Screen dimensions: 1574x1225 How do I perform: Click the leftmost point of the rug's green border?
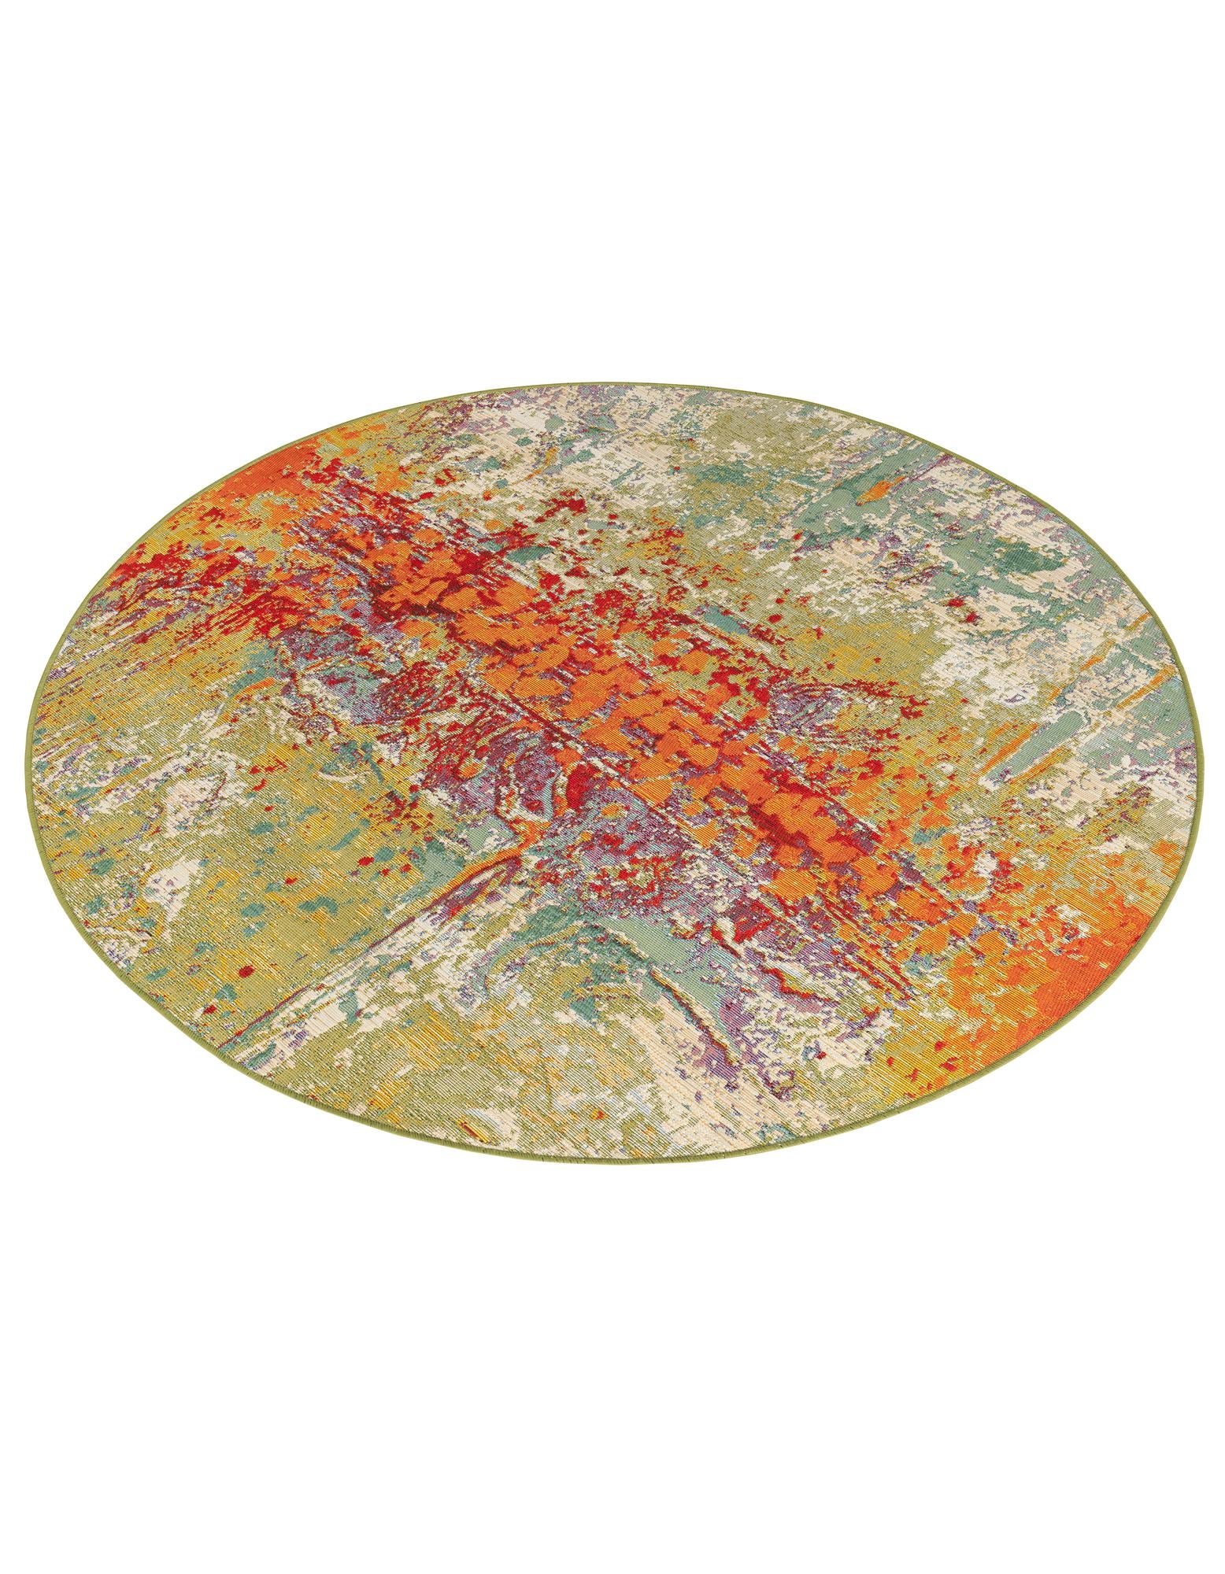[x=26, y=732]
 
